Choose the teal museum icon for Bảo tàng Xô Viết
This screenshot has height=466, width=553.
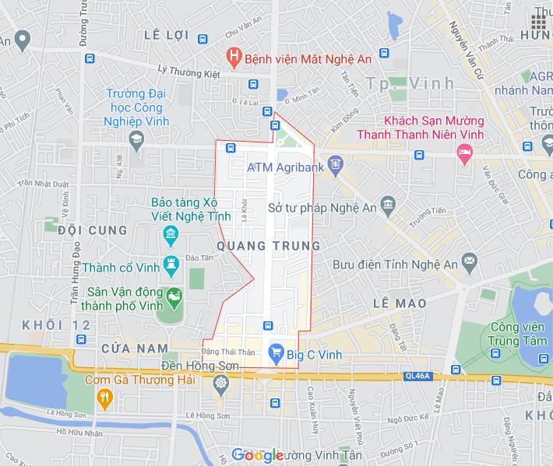tap(169, 235)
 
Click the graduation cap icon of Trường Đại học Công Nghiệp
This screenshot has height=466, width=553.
tap(136, 138)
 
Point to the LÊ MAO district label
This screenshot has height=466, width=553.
tap(400, 302)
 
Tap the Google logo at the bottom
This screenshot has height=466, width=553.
tap(257, 455)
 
